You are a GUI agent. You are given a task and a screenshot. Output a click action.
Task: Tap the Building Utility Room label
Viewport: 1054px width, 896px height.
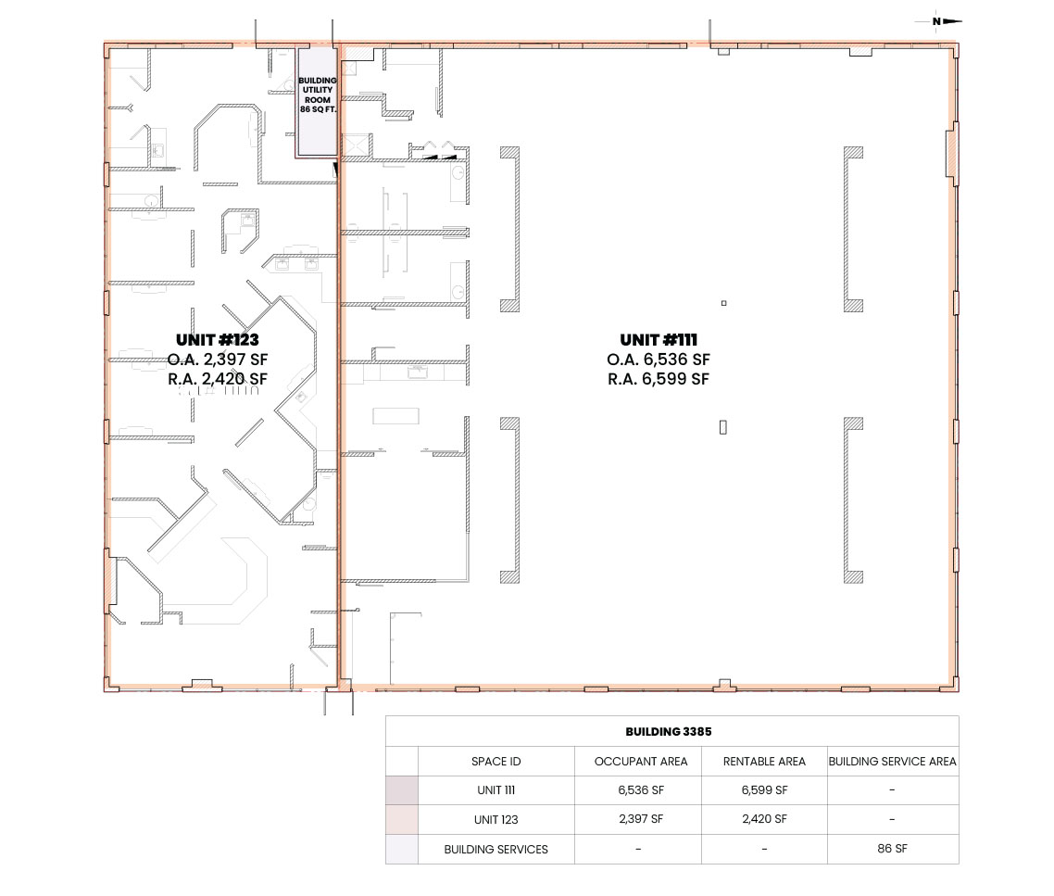318,95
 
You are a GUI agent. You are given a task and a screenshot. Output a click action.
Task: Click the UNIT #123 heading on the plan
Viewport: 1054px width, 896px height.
217,340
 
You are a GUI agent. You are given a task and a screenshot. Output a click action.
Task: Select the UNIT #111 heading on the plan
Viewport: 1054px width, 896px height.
659,340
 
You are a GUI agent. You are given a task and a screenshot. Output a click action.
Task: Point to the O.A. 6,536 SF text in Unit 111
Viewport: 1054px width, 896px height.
659,360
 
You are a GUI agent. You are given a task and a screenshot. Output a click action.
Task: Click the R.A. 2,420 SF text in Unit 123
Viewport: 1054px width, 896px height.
217,379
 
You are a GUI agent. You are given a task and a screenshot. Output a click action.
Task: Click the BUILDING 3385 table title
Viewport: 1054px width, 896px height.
668,732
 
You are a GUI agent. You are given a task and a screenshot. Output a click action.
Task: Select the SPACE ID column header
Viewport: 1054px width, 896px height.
496,762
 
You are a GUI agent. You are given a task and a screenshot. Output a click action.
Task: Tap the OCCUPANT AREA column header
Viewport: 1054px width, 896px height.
641,762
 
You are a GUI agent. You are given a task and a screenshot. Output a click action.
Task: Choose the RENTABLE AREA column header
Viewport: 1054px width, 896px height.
764,762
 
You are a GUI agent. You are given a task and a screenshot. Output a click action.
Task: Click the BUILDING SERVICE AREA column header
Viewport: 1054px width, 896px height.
892,762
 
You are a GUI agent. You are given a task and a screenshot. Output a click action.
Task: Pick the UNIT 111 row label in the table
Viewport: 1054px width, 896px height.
496,790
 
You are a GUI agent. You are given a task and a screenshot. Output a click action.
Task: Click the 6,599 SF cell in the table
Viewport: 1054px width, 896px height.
764,790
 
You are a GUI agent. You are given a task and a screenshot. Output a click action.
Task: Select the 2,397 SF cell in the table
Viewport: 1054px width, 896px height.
641,819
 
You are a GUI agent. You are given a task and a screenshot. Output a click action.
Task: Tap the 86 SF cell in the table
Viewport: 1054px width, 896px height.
892,849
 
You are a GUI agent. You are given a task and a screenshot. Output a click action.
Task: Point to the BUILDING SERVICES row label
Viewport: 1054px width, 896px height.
496,850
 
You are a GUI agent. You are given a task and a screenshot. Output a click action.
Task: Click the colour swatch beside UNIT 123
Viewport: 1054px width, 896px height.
402,820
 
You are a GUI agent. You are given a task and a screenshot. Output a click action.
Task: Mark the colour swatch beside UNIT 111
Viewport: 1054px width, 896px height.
402,790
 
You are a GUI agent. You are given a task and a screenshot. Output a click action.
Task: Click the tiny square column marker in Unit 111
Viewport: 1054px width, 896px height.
724,303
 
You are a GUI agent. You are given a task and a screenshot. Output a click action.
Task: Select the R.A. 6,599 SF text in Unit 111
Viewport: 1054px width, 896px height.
659,379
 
